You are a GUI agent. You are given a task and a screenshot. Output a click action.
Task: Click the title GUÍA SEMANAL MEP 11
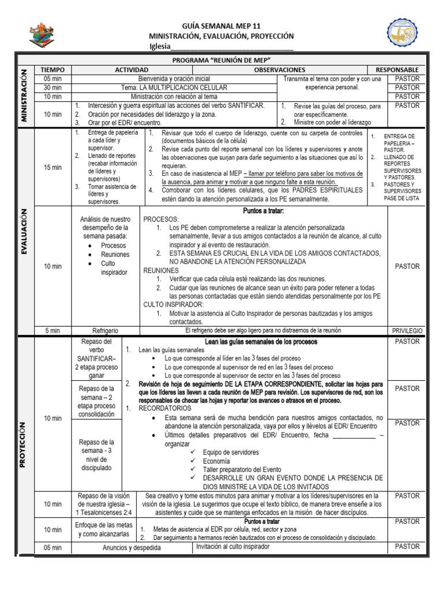pos(221,26)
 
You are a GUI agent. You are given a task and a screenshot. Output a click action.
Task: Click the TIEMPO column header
pos(52,70)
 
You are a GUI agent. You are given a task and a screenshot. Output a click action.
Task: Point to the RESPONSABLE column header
pos(397,70)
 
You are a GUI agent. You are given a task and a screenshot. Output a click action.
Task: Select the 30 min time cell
pos(52,88)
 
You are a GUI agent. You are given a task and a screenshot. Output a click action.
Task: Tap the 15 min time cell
pos(52,167)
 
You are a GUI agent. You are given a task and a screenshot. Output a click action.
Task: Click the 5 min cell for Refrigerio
pos(52,331)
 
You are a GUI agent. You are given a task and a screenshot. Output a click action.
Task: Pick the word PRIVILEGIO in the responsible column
pos(407,331)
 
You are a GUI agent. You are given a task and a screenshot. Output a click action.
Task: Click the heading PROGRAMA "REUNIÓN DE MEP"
pos(221,60)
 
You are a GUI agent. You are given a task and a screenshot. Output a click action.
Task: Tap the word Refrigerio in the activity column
pos(106,331)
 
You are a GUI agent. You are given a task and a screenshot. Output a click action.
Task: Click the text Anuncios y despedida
pos(132,547)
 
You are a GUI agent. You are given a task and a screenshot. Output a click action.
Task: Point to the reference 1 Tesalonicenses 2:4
pos(104,512)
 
